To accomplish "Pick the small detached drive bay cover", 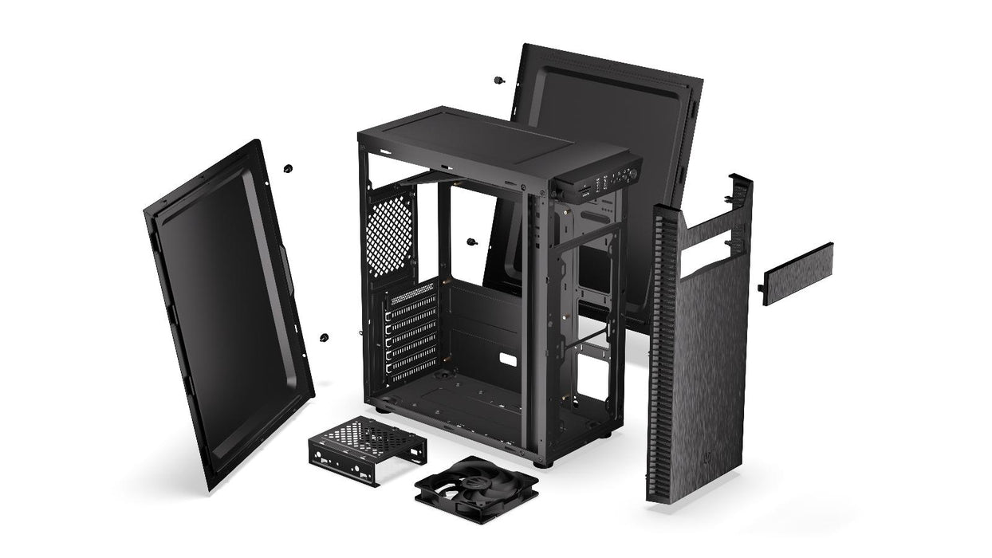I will pos(797,274).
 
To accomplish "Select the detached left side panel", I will pos(226,311).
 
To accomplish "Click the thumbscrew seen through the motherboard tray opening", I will pos(470,242).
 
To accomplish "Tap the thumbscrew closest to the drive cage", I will pos(325,338).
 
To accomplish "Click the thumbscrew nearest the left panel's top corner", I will pos(288,168).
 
